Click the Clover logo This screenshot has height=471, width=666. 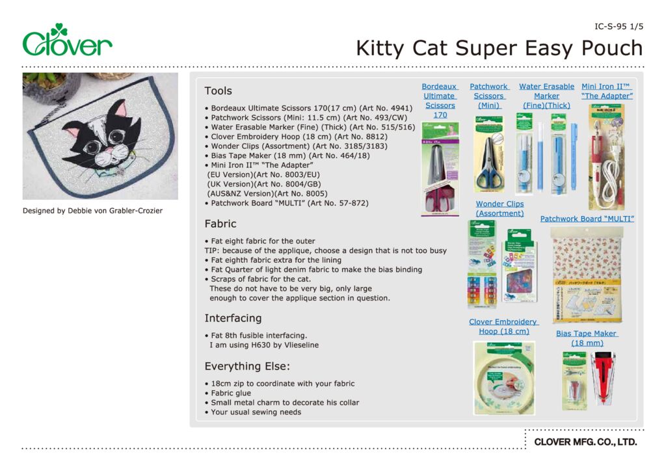[67, 41]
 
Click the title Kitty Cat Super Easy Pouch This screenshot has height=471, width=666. [499, 48]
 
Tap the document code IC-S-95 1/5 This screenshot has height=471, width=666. [619, 27]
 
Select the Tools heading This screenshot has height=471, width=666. [218, 91]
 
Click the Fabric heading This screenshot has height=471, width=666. [220, 224]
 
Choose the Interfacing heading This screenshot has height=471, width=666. [233, 318]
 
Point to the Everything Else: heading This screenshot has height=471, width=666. [247, 366]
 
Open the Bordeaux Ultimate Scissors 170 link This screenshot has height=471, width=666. [440, 101]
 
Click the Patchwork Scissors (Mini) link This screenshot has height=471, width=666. [489, 96]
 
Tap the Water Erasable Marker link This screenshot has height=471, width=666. [546, 96]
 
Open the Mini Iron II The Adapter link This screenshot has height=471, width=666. [607, 91]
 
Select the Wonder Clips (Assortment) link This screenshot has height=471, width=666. [499, 209]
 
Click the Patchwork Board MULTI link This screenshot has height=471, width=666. [587, 219]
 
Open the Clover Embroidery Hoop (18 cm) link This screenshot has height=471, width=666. [503, 327]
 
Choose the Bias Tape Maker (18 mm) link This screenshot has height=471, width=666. [587, 338]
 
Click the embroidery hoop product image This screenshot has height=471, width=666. [503, 377]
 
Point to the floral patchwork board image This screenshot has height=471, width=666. [587, 275]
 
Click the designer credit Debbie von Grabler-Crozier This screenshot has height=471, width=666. [92, 211]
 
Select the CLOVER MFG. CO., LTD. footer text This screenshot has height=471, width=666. [585, 442]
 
